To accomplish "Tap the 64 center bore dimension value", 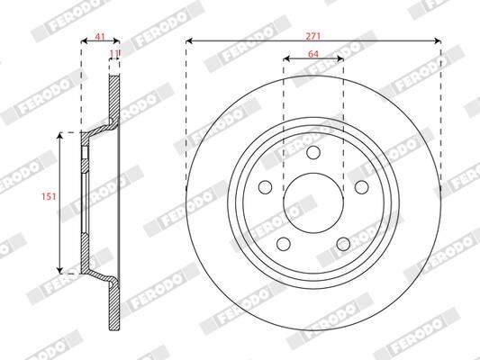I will click(313, 53).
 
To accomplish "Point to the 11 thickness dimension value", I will click(113, 54).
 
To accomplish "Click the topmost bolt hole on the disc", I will click(313, 153).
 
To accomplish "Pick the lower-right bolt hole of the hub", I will click(343, 243).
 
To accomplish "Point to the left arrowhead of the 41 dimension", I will click(84, 40).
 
